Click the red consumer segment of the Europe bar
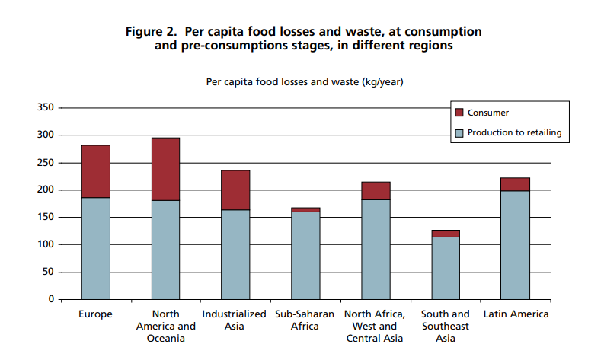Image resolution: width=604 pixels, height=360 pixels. pos(95,171)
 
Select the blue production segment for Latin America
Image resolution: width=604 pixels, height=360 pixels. pos(515,244)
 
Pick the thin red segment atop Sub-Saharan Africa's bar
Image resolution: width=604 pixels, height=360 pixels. pos(305,209)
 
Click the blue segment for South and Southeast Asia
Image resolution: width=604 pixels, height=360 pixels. pos(446,268)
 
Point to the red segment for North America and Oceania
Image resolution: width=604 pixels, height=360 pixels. pos(165,169)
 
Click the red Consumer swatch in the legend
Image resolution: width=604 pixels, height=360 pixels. pos(459,113)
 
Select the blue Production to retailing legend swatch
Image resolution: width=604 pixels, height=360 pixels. pos(459,132)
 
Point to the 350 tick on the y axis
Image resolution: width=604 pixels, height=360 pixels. pos(45,108)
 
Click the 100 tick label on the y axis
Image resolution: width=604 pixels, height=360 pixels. pos(45,245)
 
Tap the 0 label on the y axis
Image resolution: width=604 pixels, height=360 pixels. pos(50,300)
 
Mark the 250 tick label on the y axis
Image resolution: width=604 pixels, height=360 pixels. pos(45,163)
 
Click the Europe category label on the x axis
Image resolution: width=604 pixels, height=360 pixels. pos(95,314)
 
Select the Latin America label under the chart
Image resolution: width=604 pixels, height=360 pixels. pos(515,314)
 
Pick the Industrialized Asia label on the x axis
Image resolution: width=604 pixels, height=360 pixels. pos(235,320)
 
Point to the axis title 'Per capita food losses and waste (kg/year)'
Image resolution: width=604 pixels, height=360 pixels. pos(304,82)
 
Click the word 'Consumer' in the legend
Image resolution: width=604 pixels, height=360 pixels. pos(487,113)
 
